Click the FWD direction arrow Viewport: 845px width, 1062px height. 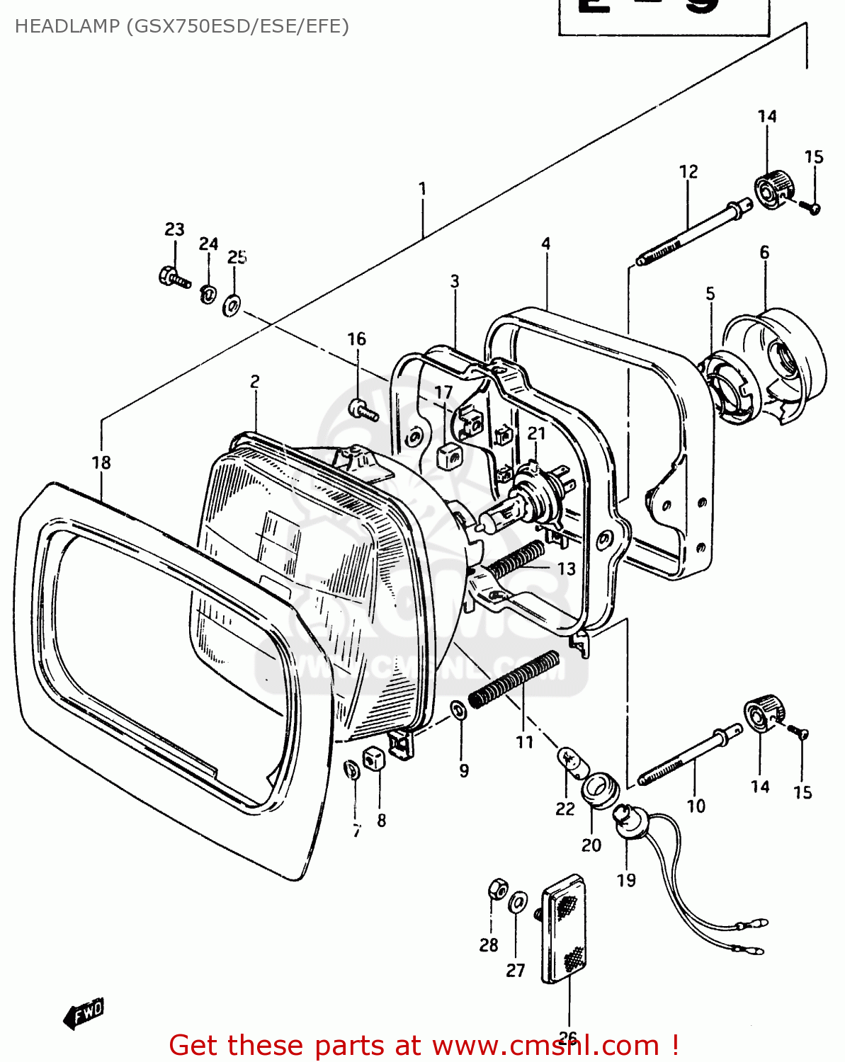click(84, 1013)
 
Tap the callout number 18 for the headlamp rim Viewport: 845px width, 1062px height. click(101, 462)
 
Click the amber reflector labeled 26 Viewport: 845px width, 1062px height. click(565, 927)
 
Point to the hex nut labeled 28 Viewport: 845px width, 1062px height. click(497, 889)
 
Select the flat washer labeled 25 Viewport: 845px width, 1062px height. click(232, 305)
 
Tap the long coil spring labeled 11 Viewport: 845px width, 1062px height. click(514, 679)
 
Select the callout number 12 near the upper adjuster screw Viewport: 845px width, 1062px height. click(688, 172)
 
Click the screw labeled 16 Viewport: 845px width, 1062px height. click(361, 409)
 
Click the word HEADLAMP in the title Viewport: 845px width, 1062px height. click(67, 27)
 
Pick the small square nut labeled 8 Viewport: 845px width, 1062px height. click(373, 760)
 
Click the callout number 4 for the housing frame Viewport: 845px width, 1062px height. click(545, 244)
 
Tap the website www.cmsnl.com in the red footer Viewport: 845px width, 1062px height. click(545, 1045)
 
